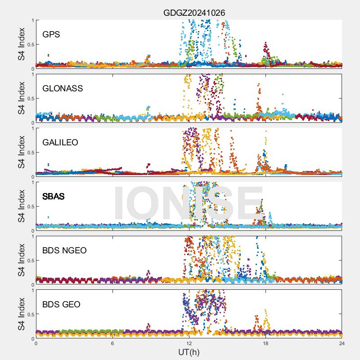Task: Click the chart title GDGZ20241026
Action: tap(194, 13)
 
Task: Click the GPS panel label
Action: tap(51, 35)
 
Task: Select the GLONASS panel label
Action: tap(63, 89)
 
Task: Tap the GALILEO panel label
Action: tap(60, 143)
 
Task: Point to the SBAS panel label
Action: tap(54, 197)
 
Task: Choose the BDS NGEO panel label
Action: tap(64, 251)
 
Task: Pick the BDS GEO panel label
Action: tap(61, 305)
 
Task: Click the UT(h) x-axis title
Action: tap(189, 352)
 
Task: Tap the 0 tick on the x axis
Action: tap(36, 343)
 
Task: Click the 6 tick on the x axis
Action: tap(112, 343)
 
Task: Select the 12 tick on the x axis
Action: tap(189, 343)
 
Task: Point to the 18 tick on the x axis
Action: tap(265, 343)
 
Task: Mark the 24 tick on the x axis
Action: tap(342, 343)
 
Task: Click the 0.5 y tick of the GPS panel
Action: tap(30, 45)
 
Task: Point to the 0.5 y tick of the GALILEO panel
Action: tap(30, 153)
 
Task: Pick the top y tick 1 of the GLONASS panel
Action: tap(32, 75)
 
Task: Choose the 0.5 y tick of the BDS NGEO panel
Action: tap(30, 261)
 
